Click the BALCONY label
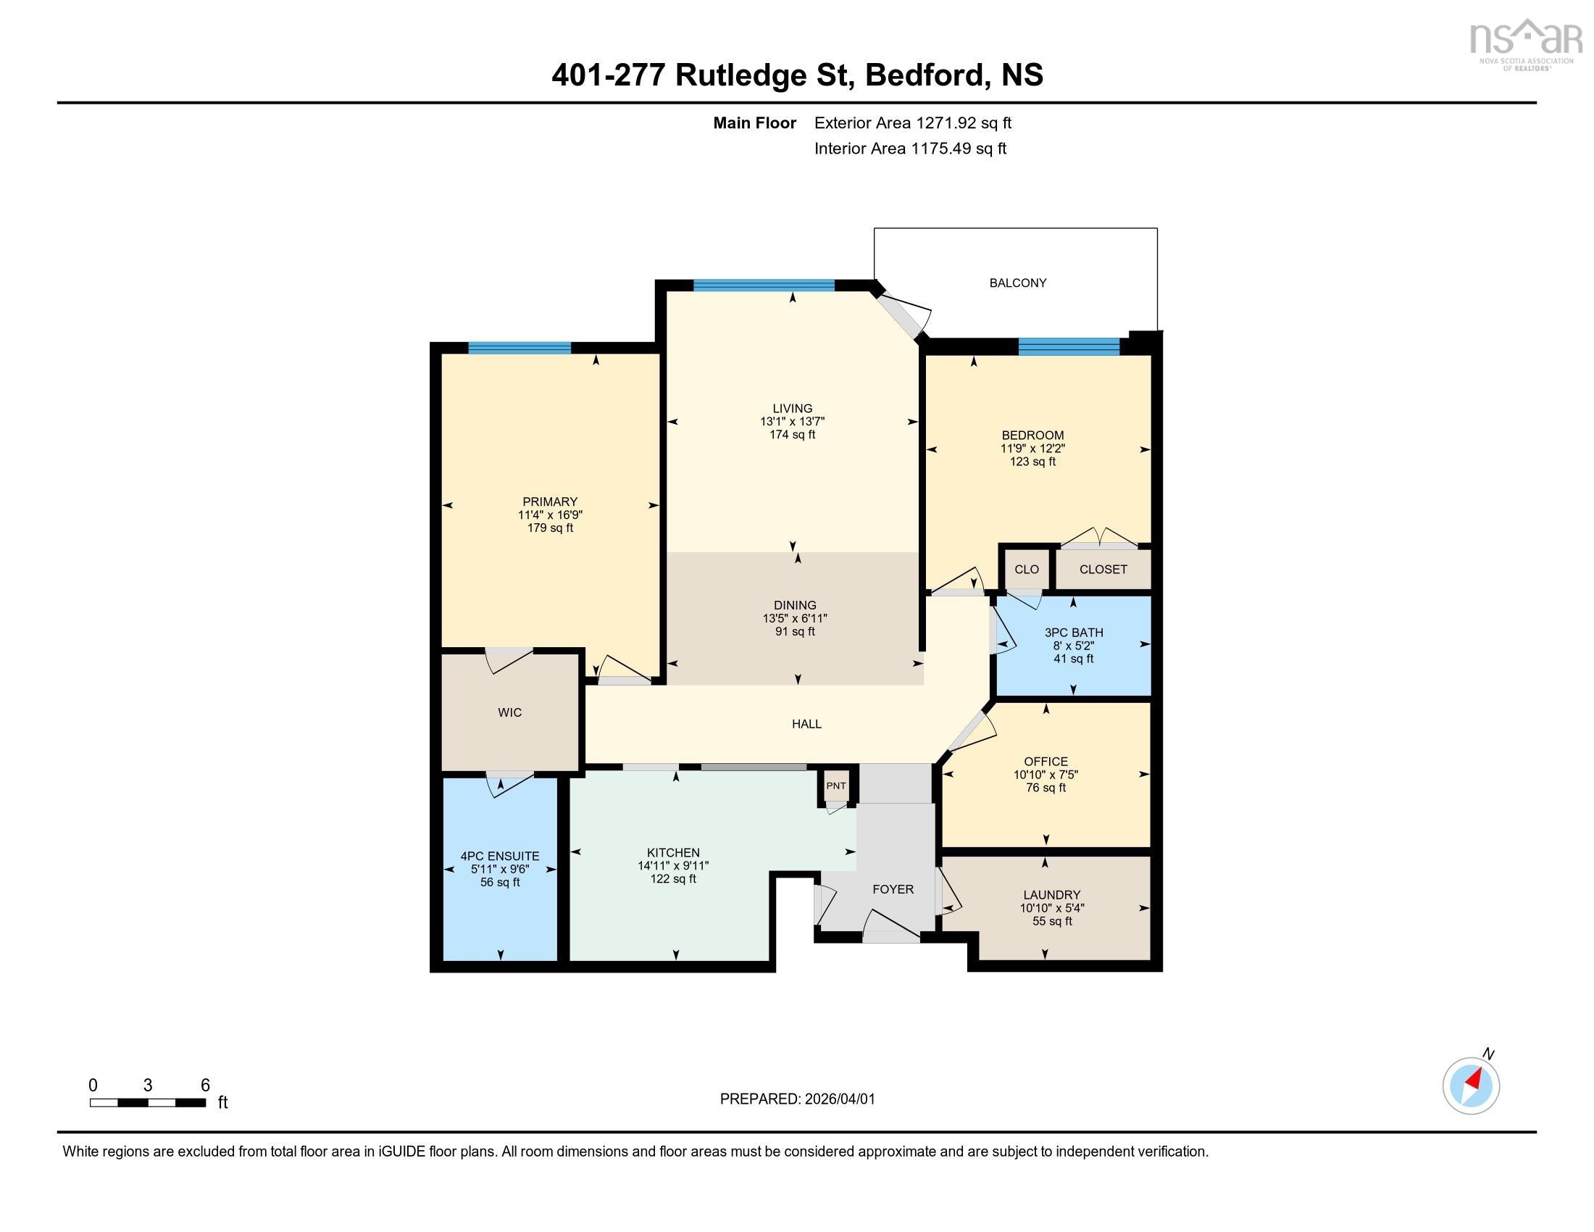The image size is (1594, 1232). [1017, 283]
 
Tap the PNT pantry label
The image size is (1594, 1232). [835, 786]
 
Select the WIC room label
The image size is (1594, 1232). [509, 713]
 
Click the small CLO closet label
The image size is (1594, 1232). [1026, 570]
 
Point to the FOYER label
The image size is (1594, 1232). [893, 890]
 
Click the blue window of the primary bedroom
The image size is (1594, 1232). [519, 348]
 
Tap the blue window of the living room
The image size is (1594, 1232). [764, 286]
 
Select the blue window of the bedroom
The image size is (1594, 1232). [1069, 346]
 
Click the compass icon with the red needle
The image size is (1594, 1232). [1471, 1086]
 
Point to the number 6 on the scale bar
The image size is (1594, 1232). [205, 1086]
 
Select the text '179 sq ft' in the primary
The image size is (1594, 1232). [550, 528]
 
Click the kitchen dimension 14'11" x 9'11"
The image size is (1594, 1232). [673, 866]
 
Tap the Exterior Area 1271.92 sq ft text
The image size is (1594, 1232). [912, 123]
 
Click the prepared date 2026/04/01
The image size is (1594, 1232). [839, 1099]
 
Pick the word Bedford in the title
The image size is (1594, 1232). [923, 75]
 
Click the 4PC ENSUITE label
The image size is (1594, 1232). [500, 856]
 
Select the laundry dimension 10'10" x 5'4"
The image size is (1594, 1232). [1052, 909]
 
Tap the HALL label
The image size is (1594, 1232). [806, 724]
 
